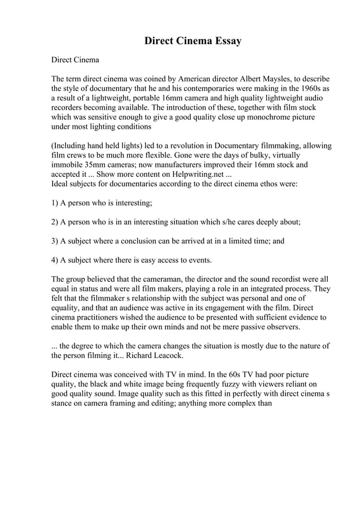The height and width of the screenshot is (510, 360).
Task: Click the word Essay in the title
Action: pyautogui.click(x=226, y=41)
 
